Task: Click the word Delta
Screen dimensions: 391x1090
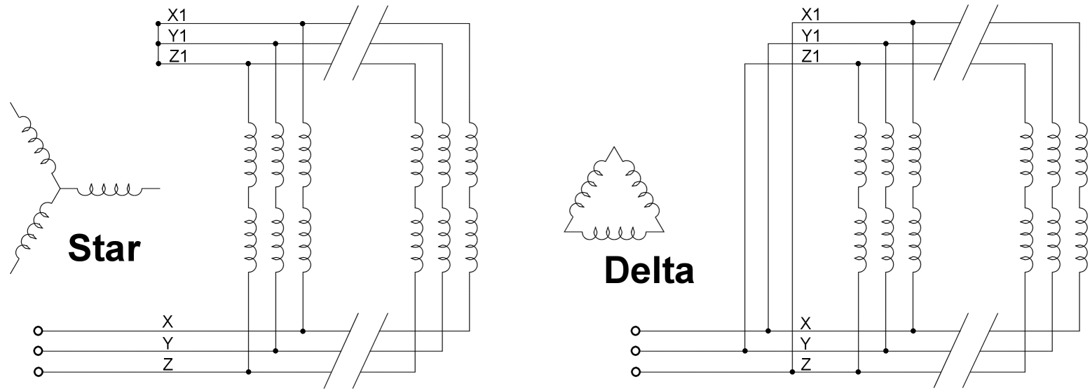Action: pyautogui.click(x=650, y=270)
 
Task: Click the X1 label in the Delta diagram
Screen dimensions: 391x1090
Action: pyautogui.click(x=810, y=14)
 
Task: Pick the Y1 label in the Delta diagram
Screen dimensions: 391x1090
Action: pyautogui.click(x=810, y=35)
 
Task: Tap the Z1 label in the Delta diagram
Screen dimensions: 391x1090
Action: pyautogui.click(x=810, y=56)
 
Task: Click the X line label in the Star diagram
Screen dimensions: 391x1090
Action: pyautogui.click(x=168, y=322)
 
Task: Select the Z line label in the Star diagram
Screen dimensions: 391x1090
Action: pyautogui.click(x=168, y=363)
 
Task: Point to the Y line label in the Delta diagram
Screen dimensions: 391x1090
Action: pyautogui.click(x=806, y=343)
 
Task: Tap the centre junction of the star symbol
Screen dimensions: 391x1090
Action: pyautogui.click(x=60, y=188)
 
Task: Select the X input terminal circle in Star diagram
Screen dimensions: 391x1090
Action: pyautogui.click(x=38, y=330)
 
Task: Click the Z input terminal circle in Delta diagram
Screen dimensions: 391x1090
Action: pyautogui.click(x=635, y=371)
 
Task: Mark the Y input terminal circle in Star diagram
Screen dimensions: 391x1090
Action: pyautogui.click(x=38, y=350)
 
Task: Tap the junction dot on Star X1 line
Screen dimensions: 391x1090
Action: pyautogui.click(x=303, y=23)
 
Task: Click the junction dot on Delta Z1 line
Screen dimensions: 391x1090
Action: pyautogui.click(x=859, y=64)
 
